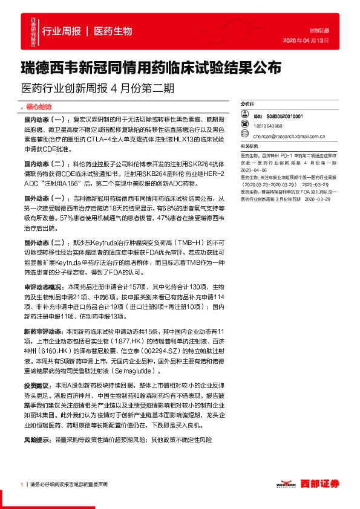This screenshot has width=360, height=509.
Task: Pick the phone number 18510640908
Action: pyautogui.click(x=268, y=126)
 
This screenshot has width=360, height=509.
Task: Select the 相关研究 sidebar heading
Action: pyautogui.click(x=249, y=146)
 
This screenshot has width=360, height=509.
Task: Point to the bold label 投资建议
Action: pyautogui.click(x=38, y=384)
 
